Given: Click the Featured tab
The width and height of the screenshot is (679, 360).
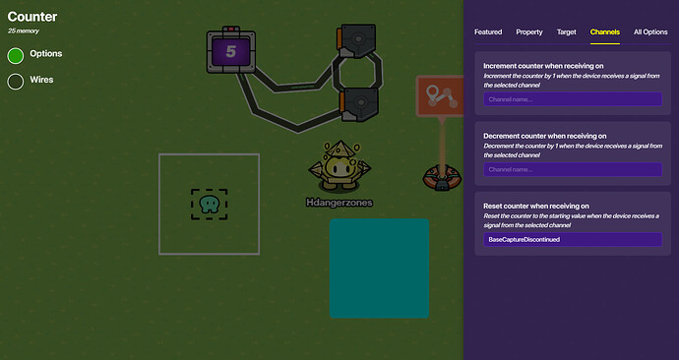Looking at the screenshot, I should (488, 32).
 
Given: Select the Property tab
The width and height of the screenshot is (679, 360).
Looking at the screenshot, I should (529, 32).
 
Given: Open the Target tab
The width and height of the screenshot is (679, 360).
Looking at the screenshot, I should (567, 32).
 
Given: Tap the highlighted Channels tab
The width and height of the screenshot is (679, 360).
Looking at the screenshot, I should (604, 32).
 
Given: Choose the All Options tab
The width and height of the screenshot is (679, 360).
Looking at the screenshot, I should (650, 32).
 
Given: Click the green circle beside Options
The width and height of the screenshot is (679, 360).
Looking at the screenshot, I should (16, 55).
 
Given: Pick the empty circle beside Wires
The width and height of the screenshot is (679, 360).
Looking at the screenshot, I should (16, 81).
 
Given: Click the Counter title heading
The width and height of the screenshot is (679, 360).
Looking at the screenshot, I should (32, 17).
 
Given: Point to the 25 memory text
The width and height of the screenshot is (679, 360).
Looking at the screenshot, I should (24, 31).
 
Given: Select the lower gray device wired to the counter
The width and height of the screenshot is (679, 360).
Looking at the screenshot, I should (359, 102).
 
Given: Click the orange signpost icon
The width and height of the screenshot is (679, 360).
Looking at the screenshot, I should (436, 96).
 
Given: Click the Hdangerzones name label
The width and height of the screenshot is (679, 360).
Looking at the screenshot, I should (339, 203).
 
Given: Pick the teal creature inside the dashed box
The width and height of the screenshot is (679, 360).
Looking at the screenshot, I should (209, 205).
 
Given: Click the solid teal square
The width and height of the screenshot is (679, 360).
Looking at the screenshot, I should (379, 268).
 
